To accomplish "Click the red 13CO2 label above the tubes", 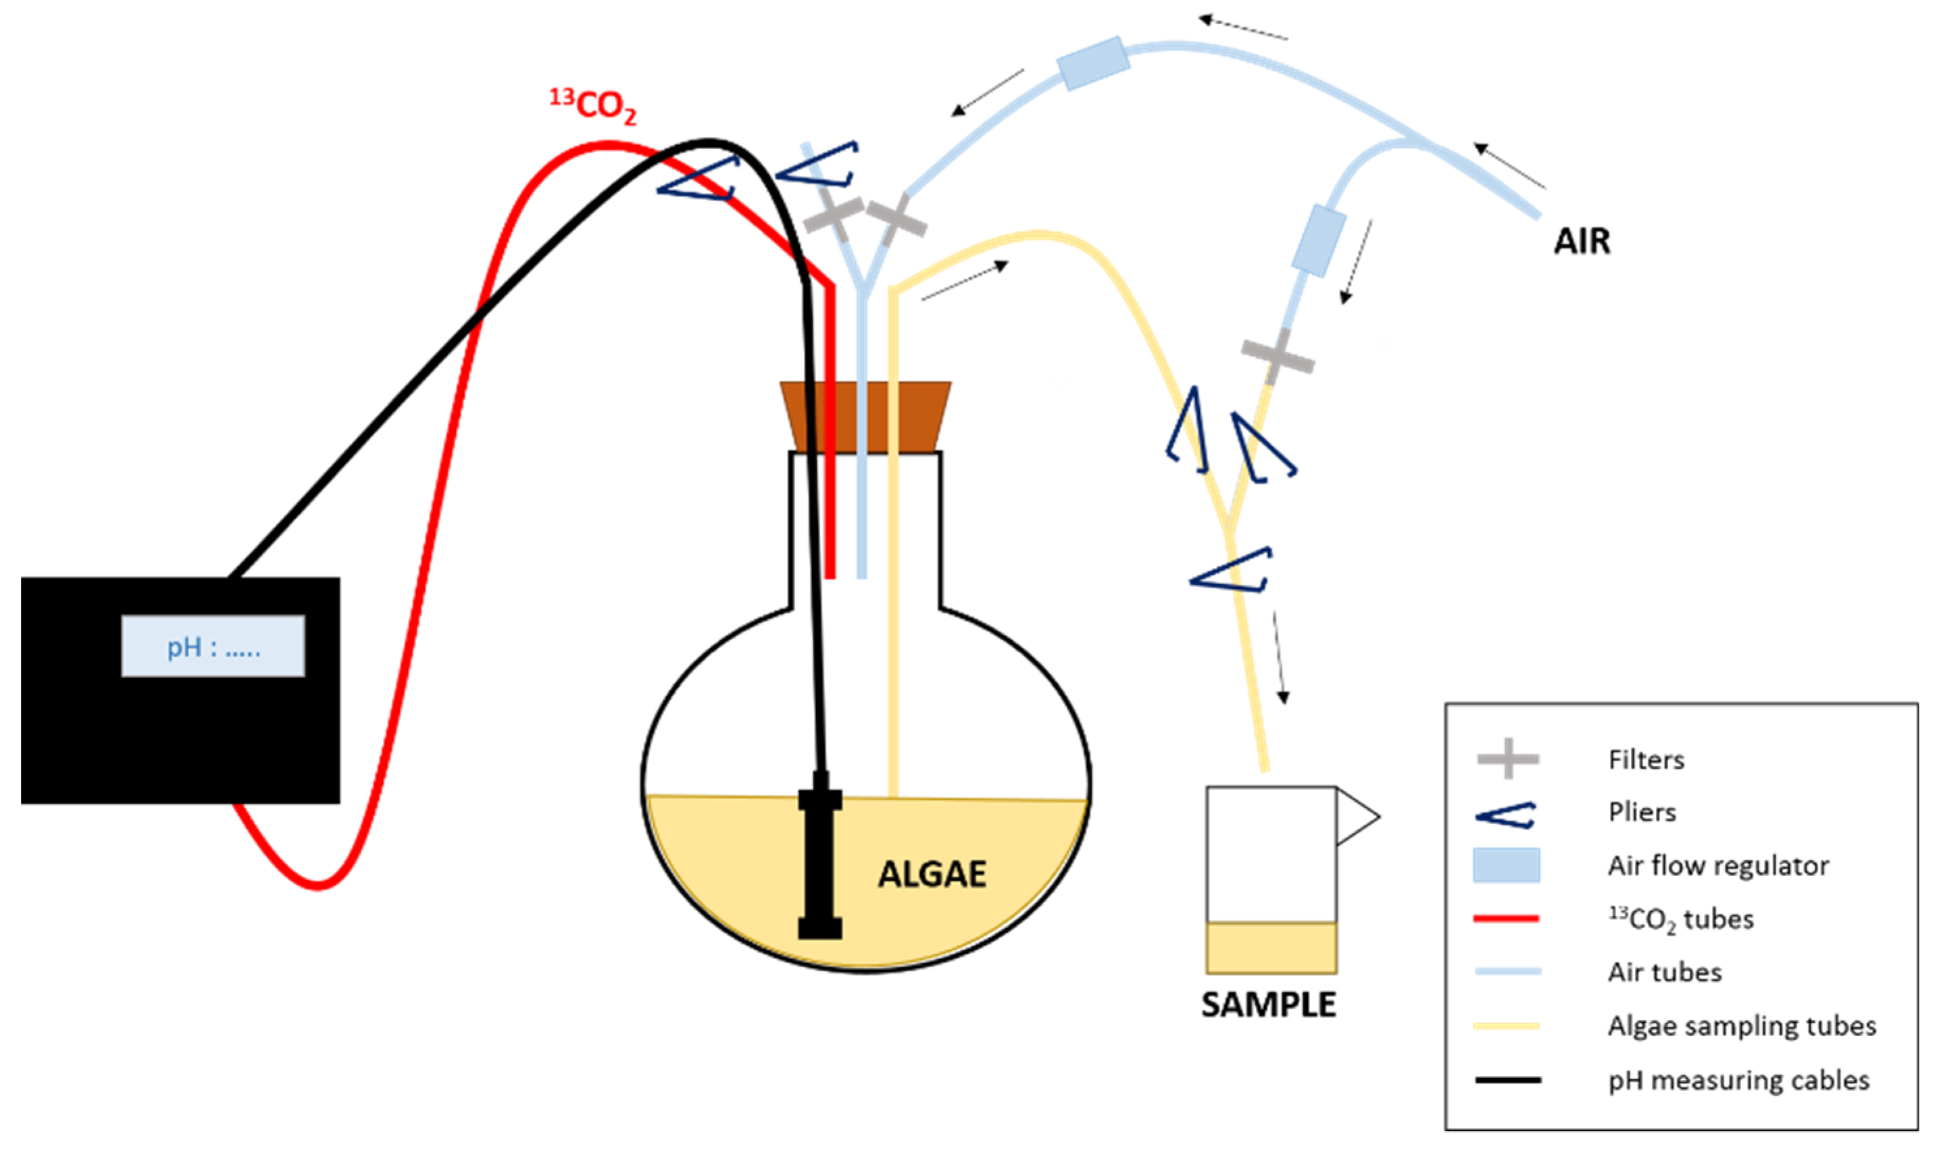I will pyautogui.click(x=594, y=105).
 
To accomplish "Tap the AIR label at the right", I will pyautogui.click(x=1581, y=242).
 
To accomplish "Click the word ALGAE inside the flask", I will pyautogui.click(x=931, y=875).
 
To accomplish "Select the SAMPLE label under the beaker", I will pyautogui.click(x=1269, y=1005).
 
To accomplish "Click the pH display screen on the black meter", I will pyautogui.click(x=213, y=646).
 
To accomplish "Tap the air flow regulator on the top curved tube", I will pyautogui.click(x=1093, y=64).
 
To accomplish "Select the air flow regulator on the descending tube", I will pyautogui.click(x=1319, y=240).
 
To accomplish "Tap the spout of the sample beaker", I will pyautogui.click(x=1357, y=817).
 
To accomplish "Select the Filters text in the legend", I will pyautogui.click(x=1646, y=759).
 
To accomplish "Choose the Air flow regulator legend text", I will pyautogui.click(x=1718, y=865).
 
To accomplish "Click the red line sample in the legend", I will pyautogui.click(x=1506, y=919).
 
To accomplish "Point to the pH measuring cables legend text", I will pyautogui.click(x=1738, y=1080).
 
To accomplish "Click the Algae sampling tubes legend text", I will pyautogui.click(x=1742, y=1026).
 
